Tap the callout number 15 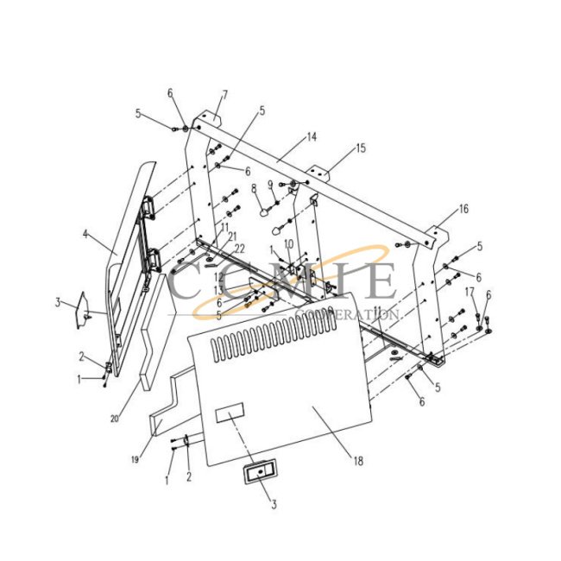360,148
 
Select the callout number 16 463,210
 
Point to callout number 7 224,94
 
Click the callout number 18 356,461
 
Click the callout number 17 470,292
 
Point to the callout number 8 254,187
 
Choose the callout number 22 239,249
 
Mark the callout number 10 289,244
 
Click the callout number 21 232,236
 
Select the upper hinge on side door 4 149,205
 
